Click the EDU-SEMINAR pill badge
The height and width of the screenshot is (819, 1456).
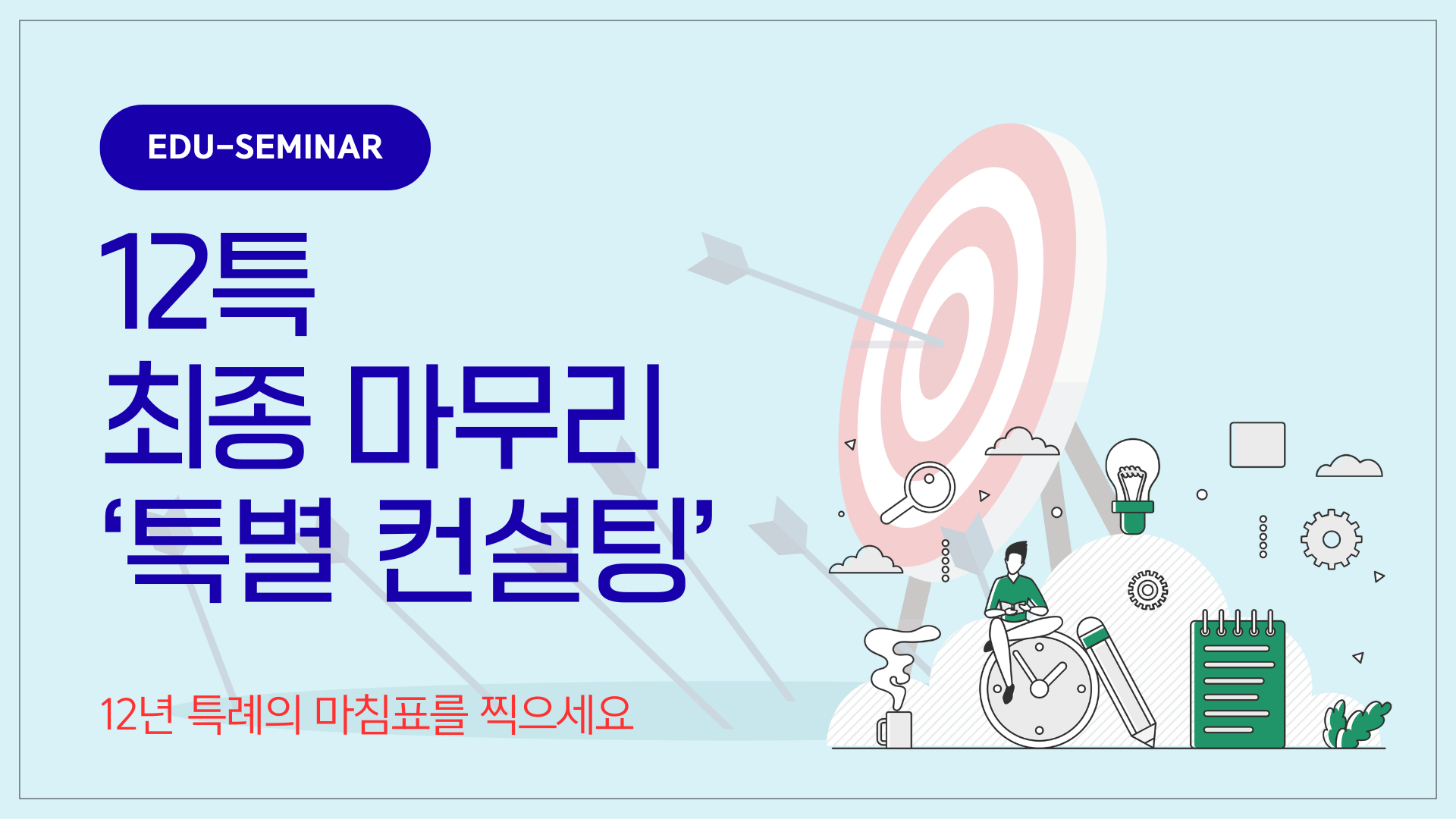pos(265,147)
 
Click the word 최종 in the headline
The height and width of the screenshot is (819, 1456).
pos(208,416)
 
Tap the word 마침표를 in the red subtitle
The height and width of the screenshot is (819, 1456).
pos(390,714)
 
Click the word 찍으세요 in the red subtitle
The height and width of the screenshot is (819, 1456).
pos(557,714)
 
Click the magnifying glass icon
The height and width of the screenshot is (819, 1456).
pos(918,493)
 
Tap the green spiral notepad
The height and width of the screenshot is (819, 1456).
pos(1238,679)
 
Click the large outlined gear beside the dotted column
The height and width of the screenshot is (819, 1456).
pos(1332,539)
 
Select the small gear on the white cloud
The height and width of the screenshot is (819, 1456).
pos(1147,590)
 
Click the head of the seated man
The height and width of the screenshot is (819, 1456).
pos(1015,559)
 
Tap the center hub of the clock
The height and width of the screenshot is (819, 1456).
pos(1039,689)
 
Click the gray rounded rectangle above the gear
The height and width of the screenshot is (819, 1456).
pos(1257,445)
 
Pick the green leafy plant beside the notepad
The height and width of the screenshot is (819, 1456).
pos(1356,724)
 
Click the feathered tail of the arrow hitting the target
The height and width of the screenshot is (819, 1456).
pos(719,259)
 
